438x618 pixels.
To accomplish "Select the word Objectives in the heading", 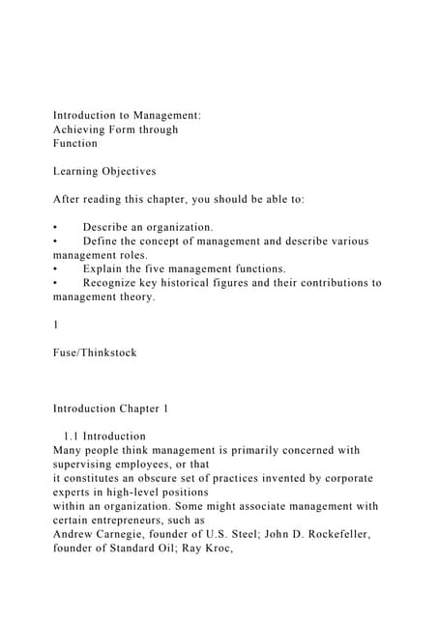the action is [x=123, y=171].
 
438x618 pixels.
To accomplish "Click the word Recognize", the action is [x=116, y=283].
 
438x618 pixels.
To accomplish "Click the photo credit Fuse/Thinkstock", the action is [x=95, y=352].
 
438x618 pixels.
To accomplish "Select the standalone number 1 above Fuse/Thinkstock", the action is [x=56, y=324].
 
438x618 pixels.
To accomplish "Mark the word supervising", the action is [x=90, y=463].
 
